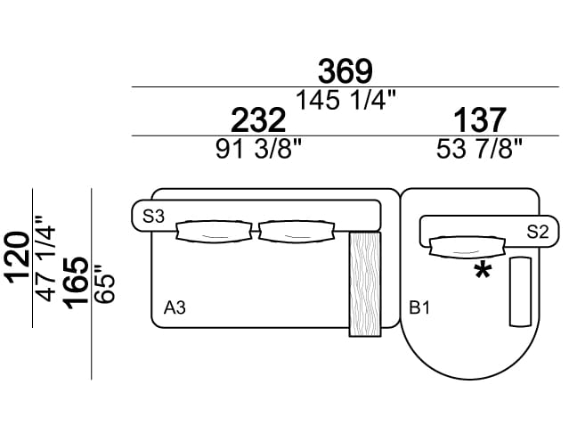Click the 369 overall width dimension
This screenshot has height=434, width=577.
pyautogui.click(x=345, y=70)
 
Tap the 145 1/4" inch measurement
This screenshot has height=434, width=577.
pyautogui.click(x=345, y=100)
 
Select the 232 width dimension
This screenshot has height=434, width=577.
pyautogui.click(x=258, y=119)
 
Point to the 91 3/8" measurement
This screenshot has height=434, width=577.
pyautogui.click(x=258, y=149)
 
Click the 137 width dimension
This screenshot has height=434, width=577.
pyautogui.click(x=480, y=119)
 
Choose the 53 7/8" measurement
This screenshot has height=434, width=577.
pyautogui.click(x=479, y=149)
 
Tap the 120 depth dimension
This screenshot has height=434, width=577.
pyautogui.click(x=17, y=258)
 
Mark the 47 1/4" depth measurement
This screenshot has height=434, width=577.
pyautogui.click(x=45, y=258)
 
